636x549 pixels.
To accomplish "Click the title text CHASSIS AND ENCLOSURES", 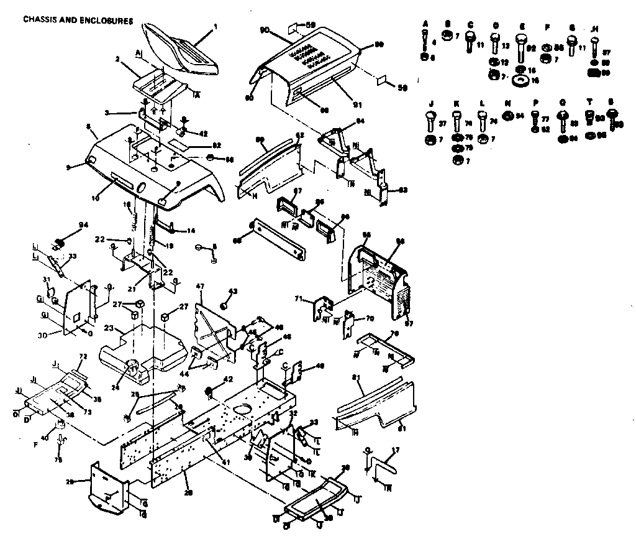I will (78, 20).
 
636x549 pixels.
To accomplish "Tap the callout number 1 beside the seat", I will (215, 27).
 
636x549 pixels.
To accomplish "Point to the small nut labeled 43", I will (225, 306).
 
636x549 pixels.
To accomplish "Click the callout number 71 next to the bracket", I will (298, 300).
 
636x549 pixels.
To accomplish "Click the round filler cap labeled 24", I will (134, 366).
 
